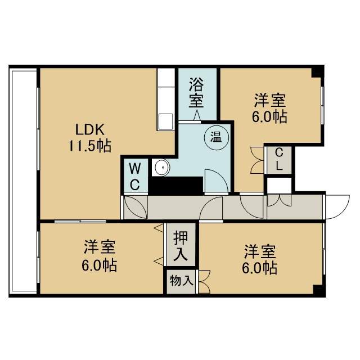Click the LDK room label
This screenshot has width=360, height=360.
tap(90, 129)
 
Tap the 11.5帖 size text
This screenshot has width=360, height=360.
tap(90, 146)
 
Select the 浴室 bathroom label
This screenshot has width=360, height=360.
tap(196, 93)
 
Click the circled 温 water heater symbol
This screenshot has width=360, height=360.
tap(217, 138)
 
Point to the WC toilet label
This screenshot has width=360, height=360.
tap(135, 177)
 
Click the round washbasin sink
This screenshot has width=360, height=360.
tap(162, 167)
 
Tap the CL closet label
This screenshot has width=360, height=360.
tap(279, 159)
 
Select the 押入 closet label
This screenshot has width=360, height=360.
tap(181, 246)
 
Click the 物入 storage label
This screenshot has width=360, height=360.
tap(181, 281)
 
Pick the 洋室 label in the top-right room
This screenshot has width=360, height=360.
tap(270, 101)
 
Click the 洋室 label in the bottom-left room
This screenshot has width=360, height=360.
tap(100, 247)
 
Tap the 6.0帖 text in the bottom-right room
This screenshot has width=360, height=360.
tap(260, 268)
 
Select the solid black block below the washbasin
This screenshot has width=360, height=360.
tap(176, 186)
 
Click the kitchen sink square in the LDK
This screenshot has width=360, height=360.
tap(166, 121)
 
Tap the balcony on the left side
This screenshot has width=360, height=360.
tap(24, 181)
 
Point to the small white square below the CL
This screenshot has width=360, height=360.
tap(279, 185)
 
